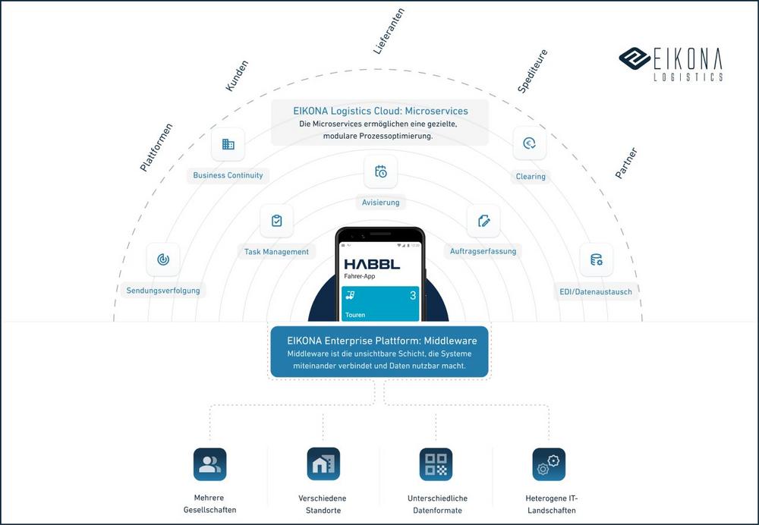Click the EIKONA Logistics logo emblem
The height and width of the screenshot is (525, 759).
pyautogui.click(x=634, y=58)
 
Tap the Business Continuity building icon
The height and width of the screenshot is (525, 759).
pyautogui.click(x=228, y=144)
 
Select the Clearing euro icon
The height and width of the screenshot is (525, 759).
pyautogui.click(x=530, y=143)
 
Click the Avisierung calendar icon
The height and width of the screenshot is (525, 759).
pyautogui.click(x=380, y=171)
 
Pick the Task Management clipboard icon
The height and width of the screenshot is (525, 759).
pyautogui.click(x=276, y=221)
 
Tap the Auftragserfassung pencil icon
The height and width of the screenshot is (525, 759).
pyautogui.click(x=483, y=221)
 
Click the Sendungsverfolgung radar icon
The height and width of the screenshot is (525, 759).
pyautogui.click(x=163, y=259)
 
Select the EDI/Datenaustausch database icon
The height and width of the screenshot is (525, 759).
pyautogui.click(x=596, y=259)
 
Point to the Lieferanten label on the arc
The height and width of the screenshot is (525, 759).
pyautogui.click(x=389, y=32)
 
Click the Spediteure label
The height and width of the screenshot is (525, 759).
pyautogui.click(x=532, y=71)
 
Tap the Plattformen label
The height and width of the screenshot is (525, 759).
pyautogui.click(x=156, y=147)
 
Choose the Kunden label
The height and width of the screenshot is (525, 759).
pyautogui.click(x=237, y=77)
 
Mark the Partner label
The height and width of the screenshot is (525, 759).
pyautogui.click(x=626, y=163)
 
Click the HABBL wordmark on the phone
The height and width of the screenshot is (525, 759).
pyautogui.click(x=372, y=264)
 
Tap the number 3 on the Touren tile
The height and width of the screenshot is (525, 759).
pyautogui.click(x=413, y=295)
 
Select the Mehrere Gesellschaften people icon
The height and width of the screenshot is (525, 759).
pyautogui.click(x=209, y=464)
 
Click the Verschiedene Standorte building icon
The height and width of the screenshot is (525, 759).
pyautogui.click(x=323, y=464)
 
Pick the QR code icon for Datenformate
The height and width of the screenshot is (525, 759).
pyautogui.click(x=436, y=464)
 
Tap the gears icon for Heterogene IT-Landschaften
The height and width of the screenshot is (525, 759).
pyautogui.click(x=549, y=464)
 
